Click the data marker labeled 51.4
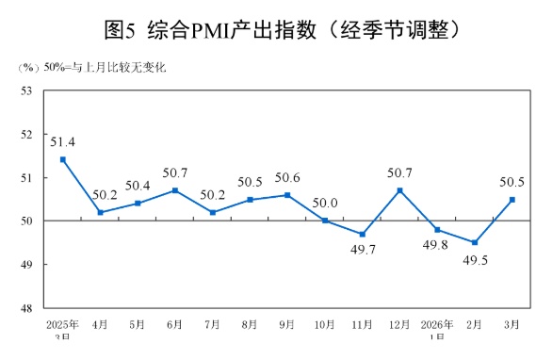[63, 159]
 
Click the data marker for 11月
[363, 234]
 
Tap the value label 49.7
[363, 251]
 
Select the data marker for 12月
[400, 190]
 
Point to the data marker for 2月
[475, 242]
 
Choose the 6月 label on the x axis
[175, 324]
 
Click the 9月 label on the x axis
[287, 324]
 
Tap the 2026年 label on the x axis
[437, 324]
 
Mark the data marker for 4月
[101, 212]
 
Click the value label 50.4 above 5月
[138, 185]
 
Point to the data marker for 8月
[251, 199]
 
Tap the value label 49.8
[437, 247]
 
